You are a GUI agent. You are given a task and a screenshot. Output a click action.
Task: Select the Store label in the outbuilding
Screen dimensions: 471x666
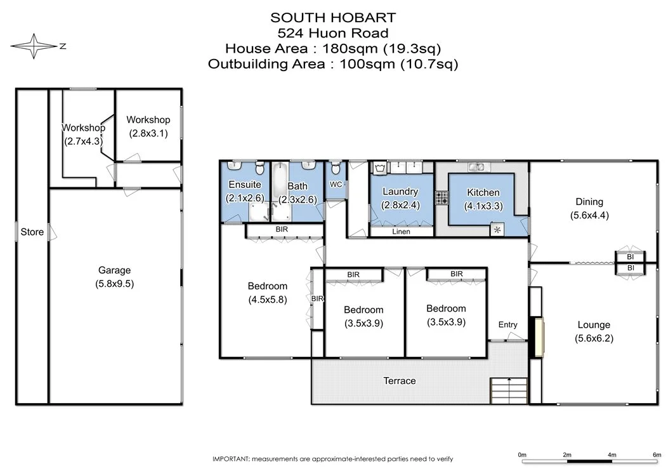(32, 232)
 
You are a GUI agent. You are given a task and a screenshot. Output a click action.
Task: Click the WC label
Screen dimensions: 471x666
(336, 185)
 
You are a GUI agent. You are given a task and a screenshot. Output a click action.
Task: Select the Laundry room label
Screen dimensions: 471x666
(400, 191)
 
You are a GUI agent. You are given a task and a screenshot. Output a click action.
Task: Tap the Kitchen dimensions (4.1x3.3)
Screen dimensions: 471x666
(483, 205)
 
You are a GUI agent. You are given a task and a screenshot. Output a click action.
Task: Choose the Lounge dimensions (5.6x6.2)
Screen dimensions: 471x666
(594, 338)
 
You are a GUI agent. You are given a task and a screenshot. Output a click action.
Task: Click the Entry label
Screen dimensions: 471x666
(507, 324)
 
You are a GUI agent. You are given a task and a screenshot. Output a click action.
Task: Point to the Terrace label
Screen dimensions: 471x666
(400, 381)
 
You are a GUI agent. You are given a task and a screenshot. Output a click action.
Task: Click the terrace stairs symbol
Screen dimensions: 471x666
(509, 389)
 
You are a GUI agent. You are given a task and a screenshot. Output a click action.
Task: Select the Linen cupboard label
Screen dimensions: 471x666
(401, 232)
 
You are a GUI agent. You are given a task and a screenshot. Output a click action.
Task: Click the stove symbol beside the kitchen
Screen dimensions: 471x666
(441, 197)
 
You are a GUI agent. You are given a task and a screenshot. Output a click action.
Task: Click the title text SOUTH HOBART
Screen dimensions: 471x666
(333, 18)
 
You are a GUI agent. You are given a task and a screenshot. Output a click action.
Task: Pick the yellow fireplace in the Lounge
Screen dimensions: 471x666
(539, 338)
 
